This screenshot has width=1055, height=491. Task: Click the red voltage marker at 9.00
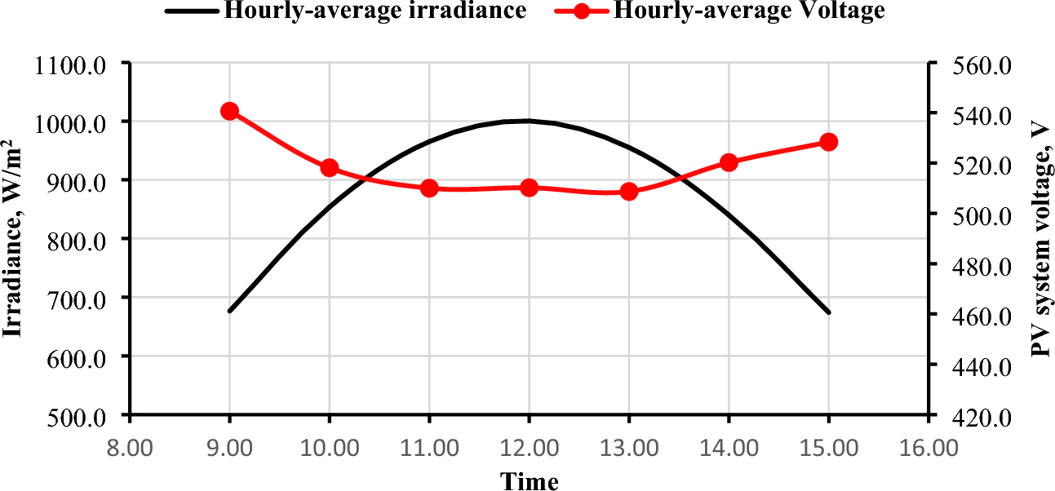coord(229,112)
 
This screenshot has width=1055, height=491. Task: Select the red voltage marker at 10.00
coord(330,168)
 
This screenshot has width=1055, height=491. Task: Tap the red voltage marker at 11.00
coord(430,188)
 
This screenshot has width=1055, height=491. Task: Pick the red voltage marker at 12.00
coord(529,188)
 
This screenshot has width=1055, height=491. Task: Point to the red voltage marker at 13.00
coord(628,192)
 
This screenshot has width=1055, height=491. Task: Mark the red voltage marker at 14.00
coord(729,162)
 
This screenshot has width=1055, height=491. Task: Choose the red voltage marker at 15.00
coord(829,142)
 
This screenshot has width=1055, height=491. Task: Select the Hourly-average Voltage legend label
coord(749,11)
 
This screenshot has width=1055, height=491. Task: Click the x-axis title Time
coord(529,480)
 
